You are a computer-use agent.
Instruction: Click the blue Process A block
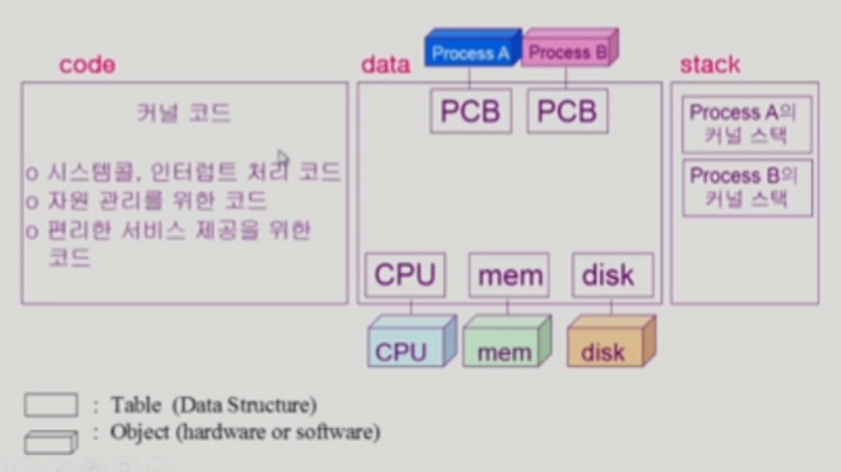point(471,51)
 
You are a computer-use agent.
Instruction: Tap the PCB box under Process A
point(470,111)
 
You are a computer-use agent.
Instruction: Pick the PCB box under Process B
point(567,111)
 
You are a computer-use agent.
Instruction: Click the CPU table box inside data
point(405,275)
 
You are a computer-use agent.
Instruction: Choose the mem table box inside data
point(509,275)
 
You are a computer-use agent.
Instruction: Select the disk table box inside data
point(612,275)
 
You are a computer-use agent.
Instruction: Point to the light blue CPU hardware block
point(408,346)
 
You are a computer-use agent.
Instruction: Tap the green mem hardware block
point(505,347)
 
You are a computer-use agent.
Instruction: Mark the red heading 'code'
point(87,65)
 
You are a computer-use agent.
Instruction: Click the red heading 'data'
point(386,65)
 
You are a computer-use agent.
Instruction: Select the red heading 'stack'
point(710,65)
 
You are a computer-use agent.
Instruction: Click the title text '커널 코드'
point(184,113)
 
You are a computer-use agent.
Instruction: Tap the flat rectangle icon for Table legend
point(51,406)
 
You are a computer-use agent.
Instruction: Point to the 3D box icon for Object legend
point(51,441)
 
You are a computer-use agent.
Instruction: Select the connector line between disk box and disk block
point(612,307)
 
